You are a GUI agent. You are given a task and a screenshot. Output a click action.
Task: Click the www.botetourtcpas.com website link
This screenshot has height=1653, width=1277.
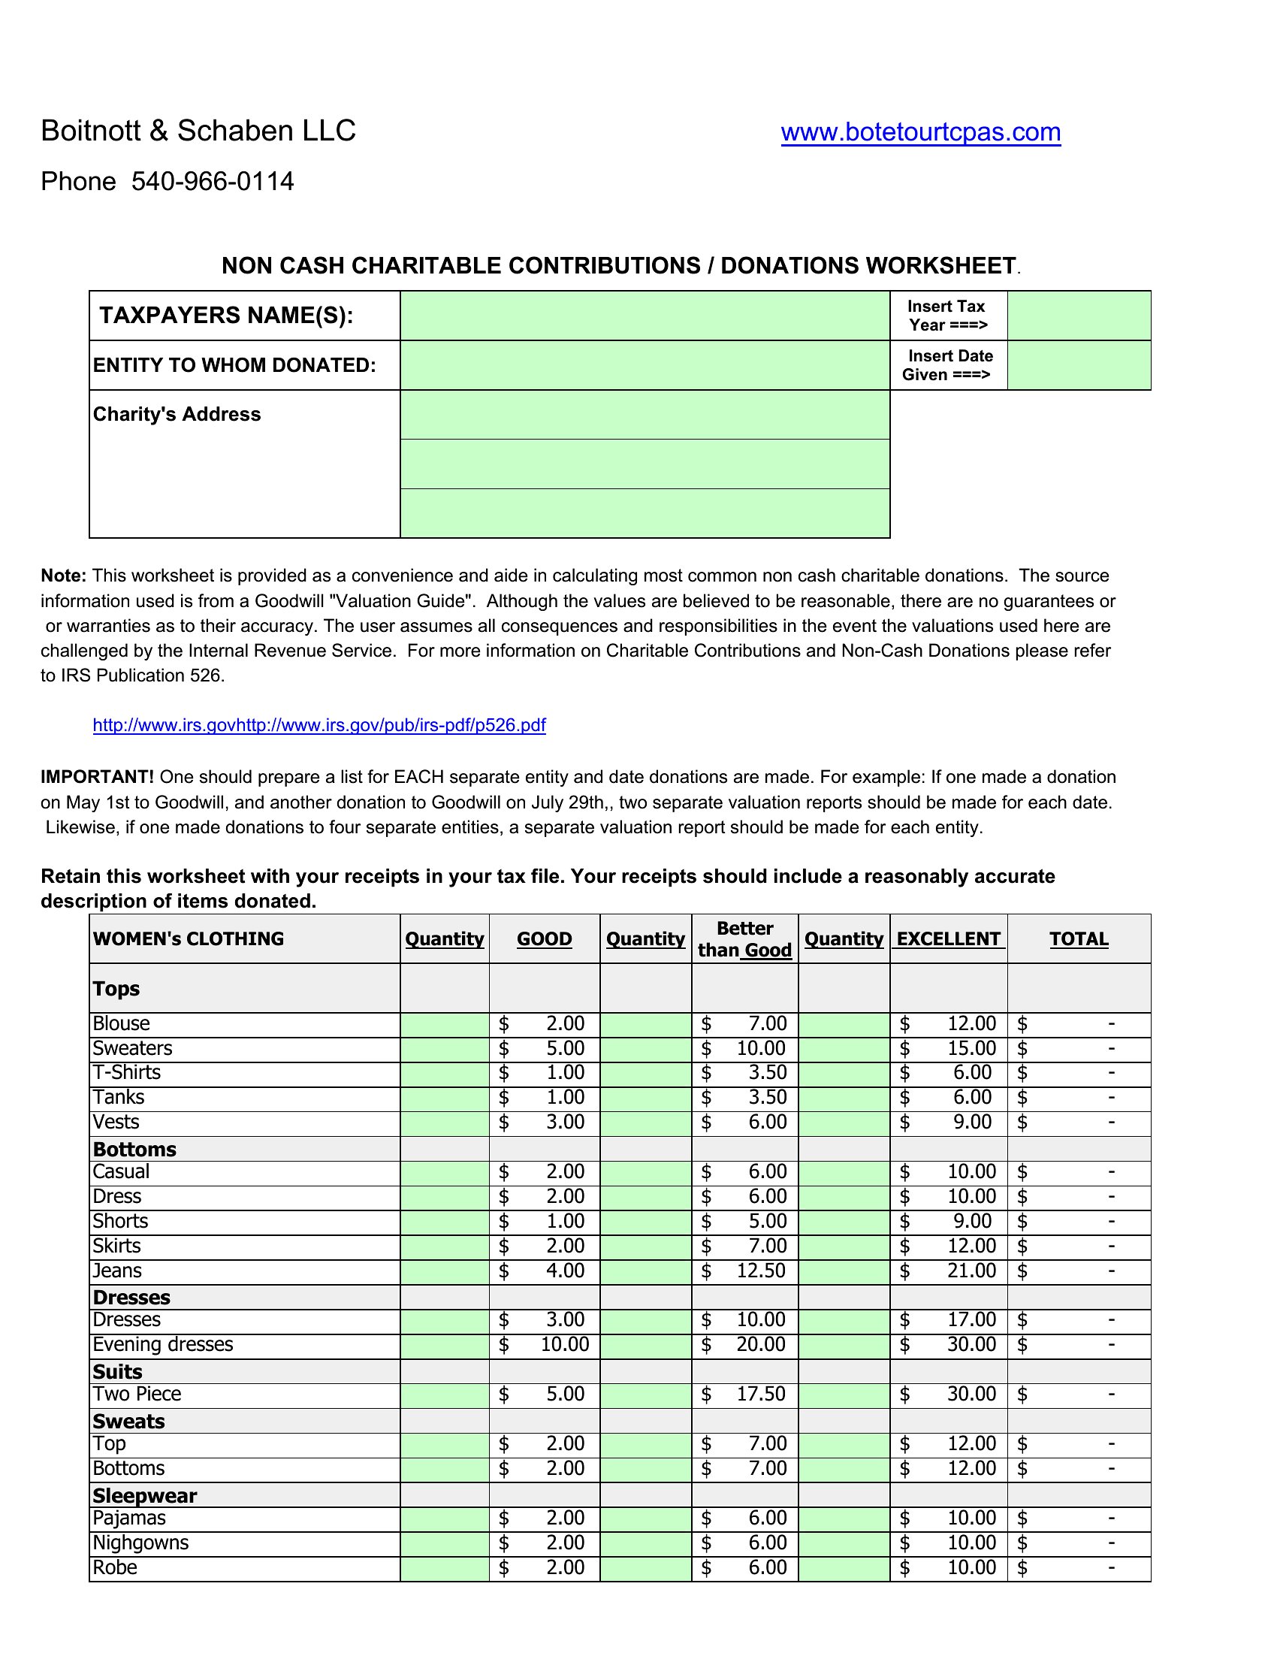click(x=920, y=132)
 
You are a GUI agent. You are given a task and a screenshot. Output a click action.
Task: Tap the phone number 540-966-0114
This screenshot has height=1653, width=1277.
click(x=213, y=182)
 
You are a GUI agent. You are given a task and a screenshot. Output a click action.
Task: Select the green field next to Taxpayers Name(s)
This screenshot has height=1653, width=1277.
click(x=645, y=316)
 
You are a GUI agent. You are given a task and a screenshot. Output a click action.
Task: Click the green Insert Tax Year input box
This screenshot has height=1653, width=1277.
click(x=1078, y=316)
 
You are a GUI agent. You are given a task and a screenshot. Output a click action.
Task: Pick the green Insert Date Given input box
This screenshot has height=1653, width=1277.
click(x=1078, y=366)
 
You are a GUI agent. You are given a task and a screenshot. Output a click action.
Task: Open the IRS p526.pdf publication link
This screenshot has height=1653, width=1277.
click(x=318, y=725)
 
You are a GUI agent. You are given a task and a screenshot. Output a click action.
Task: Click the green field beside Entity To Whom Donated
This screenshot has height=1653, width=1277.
click(x=645, y=366)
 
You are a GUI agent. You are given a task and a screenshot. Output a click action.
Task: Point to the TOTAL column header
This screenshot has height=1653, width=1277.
click(x=1078, y=939)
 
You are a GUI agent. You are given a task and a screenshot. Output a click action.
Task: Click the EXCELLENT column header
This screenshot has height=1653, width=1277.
click(x=948, y=939)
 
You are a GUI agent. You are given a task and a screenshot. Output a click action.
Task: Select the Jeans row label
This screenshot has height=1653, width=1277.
click(x=117, y=1271)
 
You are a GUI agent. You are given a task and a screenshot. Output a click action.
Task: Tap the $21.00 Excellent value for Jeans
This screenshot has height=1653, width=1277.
click(x=971, y=1271)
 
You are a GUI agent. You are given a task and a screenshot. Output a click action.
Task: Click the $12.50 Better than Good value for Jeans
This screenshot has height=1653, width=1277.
click(x=761, y=1271)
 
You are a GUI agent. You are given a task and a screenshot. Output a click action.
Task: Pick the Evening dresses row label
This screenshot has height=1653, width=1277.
click(x=163, y=1344)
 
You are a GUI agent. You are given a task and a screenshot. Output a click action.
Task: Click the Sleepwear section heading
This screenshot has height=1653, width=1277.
click(x=144, y=1495)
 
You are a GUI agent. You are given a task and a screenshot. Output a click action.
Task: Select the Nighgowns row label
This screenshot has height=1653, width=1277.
click(x=140, y=1543)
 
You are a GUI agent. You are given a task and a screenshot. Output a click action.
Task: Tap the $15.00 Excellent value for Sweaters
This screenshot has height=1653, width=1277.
click(x=971, y=1048)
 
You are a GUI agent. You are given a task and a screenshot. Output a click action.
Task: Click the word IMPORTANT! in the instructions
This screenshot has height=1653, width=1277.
click(x=98, y=778)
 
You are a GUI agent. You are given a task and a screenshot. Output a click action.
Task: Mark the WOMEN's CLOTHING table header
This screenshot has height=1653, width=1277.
click(x=189, y=939)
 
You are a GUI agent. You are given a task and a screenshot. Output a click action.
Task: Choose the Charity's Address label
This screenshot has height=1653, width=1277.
click(x=177, y=415)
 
